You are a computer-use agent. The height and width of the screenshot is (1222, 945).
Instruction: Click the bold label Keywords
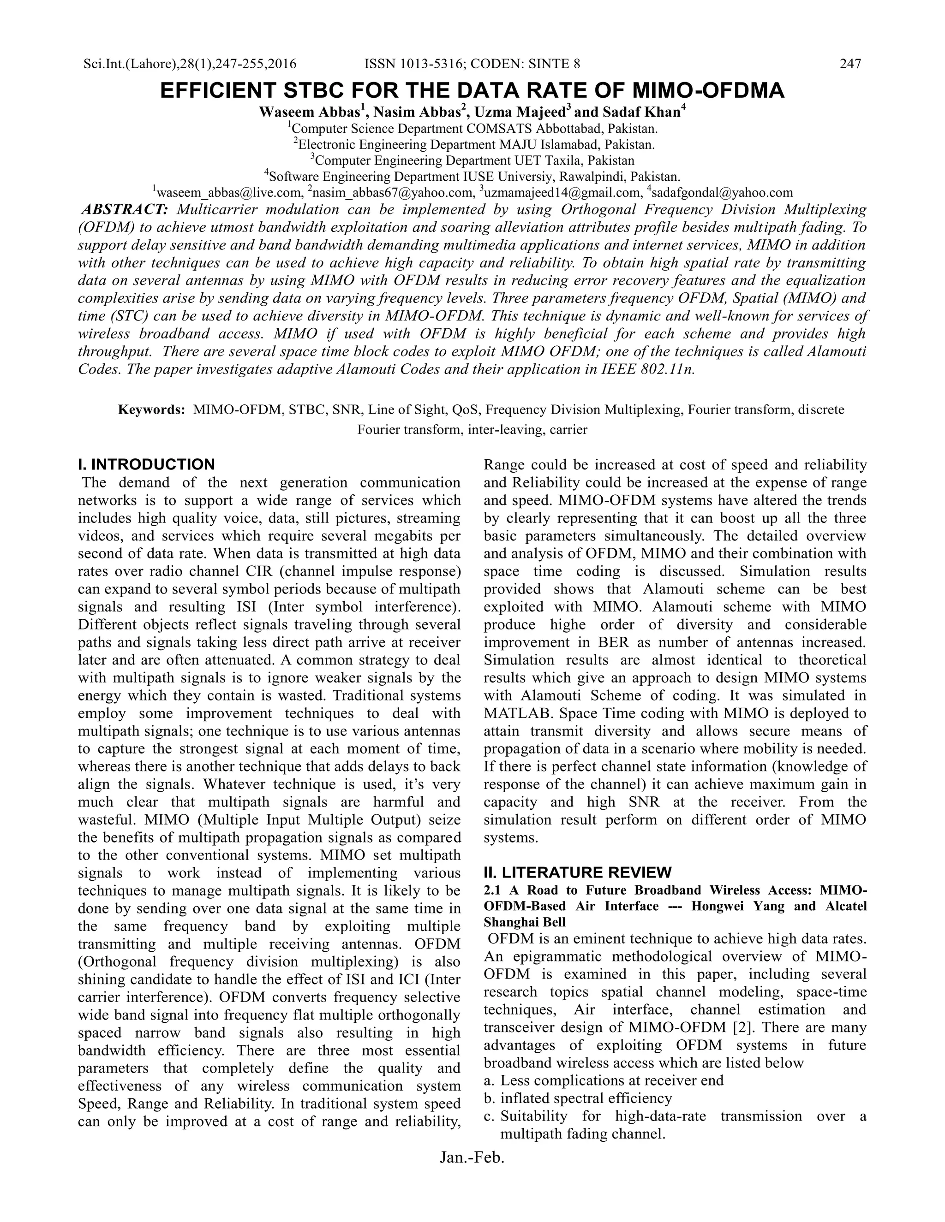(151, 409)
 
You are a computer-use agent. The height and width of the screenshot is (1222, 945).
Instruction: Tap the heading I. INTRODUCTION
(146, 464)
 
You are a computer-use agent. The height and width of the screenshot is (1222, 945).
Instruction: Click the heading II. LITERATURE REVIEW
(577, 872)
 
